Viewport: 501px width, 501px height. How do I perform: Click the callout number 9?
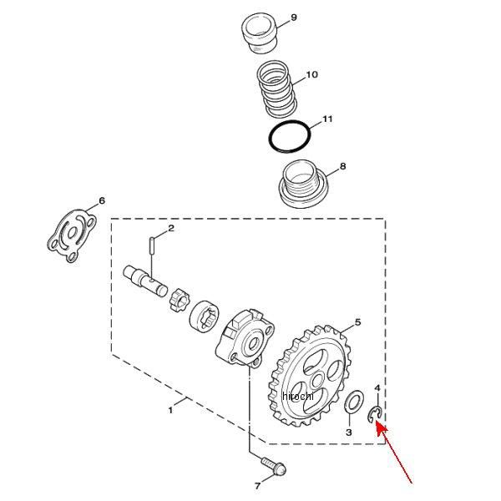294,18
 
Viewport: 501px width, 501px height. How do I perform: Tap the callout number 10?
311,74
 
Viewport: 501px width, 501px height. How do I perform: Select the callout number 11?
327,119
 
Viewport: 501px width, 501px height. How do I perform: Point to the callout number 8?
342,166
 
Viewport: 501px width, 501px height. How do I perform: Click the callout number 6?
102,200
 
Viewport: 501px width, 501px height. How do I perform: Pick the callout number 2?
171,228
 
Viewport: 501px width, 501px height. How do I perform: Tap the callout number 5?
357,322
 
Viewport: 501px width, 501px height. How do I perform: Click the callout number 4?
377,388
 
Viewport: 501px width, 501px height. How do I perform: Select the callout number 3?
348,433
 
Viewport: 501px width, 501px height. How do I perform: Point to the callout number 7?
257,486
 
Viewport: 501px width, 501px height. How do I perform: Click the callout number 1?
170,410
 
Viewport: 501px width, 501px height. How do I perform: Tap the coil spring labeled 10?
276,89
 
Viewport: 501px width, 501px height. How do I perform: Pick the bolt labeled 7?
275,467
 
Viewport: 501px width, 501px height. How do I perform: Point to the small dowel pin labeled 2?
152,245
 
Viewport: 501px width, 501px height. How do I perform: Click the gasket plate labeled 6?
72,235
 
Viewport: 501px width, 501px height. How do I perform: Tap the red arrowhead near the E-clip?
381,428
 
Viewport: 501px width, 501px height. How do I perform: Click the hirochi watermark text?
297,396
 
